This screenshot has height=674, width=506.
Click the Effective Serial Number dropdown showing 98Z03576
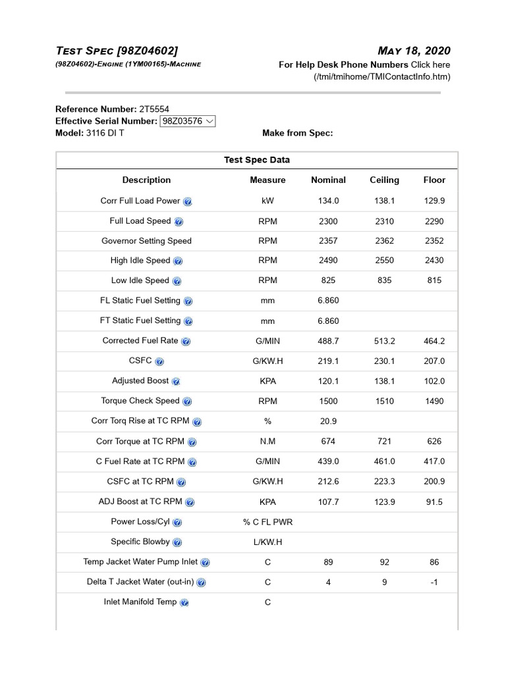tap(188, 121)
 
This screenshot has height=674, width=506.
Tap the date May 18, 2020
tap(414, 51)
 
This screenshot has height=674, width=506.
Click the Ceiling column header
tap(384, 180)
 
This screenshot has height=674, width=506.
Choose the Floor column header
tap(434, 180)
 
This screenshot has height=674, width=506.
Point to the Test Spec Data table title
tap(257, 160)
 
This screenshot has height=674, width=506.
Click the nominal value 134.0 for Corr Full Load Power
tap(328, 201)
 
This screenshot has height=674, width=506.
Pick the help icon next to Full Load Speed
tap(179, 222)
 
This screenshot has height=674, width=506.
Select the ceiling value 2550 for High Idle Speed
tap(384, 261)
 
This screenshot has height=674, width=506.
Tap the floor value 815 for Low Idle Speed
tap(434, 280)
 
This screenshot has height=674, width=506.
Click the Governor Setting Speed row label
tap(146, 241)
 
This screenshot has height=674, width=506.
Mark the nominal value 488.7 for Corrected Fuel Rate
tap(328, 341)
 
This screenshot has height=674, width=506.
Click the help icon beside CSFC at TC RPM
tap(181, 482)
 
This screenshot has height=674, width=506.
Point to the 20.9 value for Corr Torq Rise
tap(328, 421)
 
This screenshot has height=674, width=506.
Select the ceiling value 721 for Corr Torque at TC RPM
tap(384, 441)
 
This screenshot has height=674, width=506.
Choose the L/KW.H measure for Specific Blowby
tap(267, 542)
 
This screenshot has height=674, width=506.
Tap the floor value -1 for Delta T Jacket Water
tap(434, 583)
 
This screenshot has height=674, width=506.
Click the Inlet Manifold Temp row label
tap(140, 602)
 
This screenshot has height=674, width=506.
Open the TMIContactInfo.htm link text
tap(382, 77)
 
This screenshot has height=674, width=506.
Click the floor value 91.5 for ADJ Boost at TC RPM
tap(434, 502)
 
